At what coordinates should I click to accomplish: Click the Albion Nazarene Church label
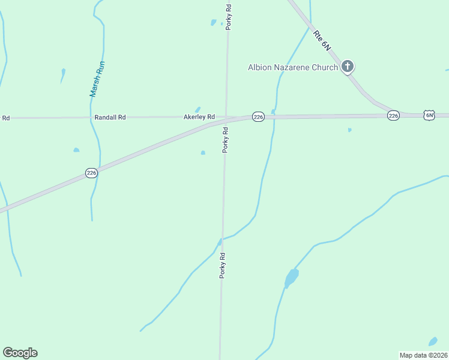coord(293,67)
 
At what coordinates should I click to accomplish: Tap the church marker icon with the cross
coord(348,67)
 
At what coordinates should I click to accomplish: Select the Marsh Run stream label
coord(95,79)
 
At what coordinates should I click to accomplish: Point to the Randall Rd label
coord(110,118)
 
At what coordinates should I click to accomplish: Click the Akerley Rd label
coord(199,117)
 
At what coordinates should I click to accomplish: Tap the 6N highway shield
coord(429,115)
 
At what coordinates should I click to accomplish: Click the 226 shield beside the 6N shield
coord(393,115)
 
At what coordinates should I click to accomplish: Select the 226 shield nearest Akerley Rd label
coord(258,117)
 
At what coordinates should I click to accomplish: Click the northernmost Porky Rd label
coord(229,17)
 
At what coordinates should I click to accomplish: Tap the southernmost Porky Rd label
coord(222,265)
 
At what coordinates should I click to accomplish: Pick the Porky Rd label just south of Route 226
coord(226,140)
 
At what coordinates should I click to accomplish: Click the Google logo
coord(20,353)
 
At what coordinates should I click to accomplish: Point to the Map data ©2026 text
coord(424,355)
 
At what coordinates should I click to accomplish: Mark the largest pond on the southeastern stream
coord(291,278)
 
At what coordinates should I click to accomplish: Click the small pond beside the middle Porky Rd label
coord(203,153)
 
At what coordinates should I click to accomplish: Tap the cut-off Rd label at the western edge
coord(5,118)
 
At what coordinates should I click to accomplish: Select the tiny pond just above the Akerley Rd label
coord(197,109)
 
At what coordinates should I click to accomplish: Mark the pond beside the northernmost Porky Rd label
coord(213,23)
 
